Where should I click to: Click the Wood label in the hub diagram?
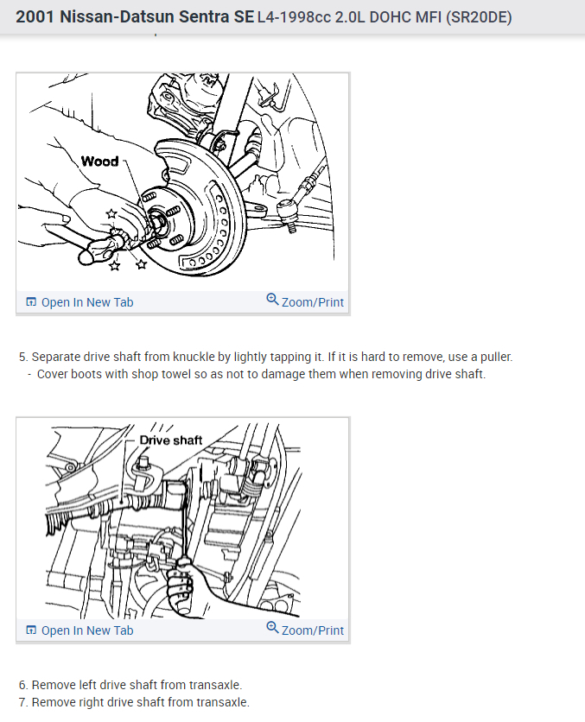(99, 161)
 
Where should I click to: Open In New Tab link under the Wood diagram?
(86, 302)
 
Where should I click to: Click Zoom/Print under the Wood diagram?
(312, 302)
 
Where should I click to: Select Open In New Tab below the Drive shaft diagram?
(86, 630)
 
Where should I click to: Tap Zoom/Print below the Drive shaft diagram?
(312, 630)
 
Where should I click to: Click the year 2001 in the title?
(35, 17)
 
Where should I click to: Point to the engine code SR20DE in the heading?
(476, 17)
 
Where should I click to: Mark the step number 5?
(22, 357)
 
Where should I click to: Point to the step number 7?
(22, 702)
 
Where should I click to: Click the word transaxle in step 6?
(216, 685)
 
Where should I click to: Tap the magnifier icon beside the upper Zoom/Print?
(272, 300)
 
